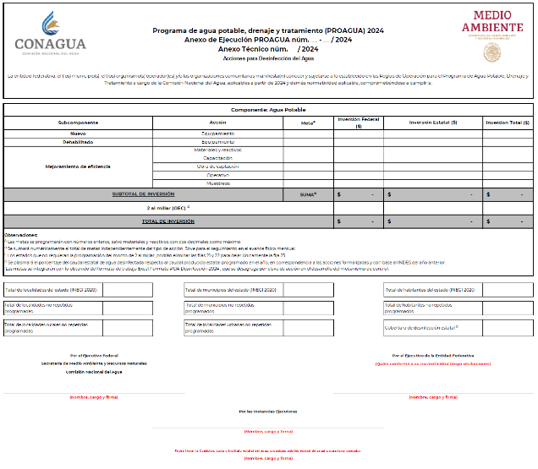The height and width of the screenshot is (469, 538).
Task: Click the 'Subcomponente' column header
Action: (x=78, y=123)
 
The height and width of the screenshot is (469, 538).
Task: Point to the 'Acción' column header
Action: (x=217, y=123)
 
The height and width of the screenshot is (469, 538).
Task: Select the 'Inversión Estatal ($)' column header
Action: (x=432, y=123)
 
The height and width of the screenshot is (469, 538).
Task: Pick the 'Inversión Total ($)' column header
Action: (x=508, y=123)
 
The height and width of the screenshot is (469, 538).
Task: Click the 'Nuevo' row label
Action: (x=78, y=134)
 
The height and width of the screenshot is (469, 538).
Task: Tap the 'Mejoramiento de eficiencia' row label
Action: (x=78, y=166)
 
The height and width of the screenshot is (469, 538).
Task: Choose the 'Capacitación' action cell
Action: (x=217, y=158)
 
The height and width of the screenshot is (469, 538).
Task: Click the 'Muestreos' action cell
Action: (x=217, y=183)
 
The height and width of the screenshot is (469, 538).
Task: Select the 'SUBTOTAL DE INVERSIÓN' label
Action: (x=143, y=194)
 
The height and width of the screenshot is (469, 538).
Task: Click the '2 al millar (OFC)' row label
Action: (x=167, y=207)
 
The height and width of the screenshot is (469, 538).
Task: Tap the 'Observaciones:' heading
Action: (x=21, y=234)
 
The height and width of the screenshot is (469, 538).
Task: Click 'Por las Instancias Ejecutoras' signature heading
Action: (x=268, y=412)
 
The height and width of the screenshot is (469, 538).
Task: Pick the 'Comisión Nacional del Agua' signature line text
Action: (x=93, y=371)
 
